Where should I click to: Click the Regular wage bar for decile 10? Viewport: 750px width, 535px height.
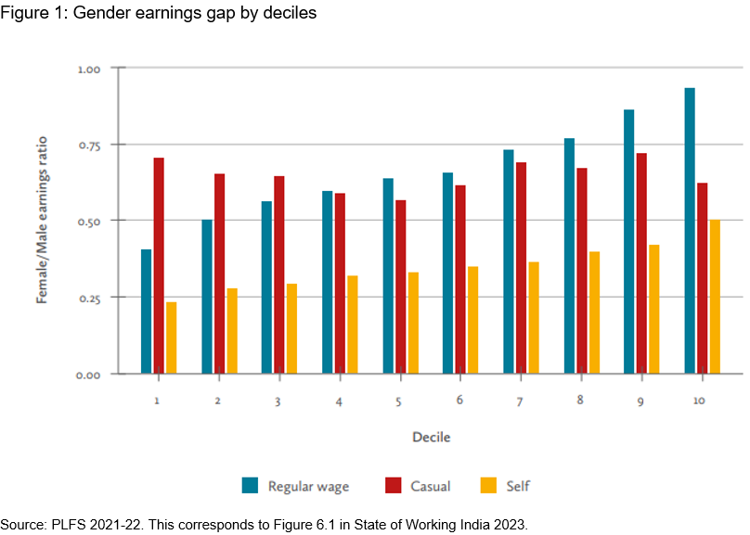tap(690, 231)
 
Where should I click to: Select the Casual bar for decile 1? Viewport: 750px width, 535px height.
tap(159, 265)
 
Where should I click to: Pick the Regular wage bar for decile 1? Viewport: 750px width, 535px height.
tap(147, 312)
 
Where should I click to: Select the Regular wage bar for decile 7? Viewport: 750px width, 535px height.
tap(509, 261)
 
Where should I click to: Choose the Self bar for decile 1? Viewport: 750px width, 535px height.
tap(171, 338)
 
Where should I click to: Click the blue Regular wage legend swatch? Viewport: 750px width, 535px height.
tap(250, 485)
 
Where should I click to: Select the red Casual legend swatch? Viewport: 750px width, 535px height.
tap(393, 485)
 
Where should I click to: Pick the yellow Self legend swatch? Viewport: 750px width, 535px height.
tap(489, 485)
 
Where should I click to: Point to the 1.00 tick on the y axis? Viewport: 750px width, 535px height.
tap(89, 69)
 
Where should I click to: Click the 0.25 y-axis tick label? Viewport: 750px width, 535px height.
tap(89, 298)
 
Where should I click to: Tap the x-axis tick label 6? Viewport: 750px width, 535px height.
tap(460, 400)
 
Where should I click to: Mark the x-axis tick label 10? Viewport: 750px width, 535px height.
tap(699, 400)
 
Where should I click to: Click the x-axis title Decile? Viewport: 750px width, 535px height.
tap(432, 436)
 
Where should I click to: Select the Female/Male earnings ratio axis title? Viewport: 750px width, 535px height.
tap(43, 221)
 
